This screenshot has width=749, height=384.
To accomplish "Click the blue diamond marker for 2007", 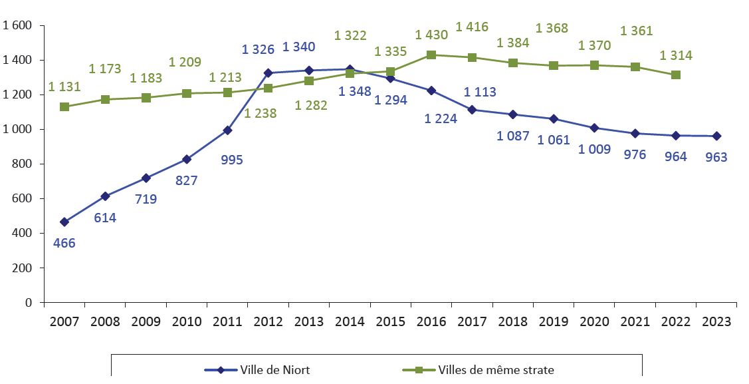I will click(x=64, y=222).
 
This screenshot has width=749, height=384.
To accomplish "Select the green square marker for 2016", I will click(x=431, y=55).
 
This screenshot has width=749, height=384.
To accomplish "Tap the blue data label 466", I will click(x=64, y=243).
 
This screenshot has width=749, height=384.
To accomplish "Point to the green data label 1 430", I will click(x=431, y=34).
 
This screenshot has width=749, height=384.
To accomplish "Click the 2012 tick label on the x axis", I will click(x=268, y=322).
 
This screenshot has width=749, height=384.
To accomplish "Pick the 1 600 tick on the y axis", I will click(x=18, y=26).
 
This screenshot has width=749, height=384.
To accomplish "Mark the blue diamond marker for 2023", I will click(x=716, y=136).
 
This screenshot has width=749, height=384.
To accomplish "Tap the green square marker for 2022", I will click(x=676, y=75).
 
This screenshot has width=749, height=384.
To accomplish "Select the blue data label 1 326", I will click(x=258, y=49).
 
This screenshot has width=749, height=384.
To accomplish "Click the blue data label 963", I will click(x=716, y=158).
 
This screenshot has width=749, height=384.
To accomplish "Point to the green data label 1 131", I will click(x=65, y=87).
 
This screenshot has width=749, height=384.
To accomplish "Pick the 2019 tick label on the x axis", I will click(x=553, y=322).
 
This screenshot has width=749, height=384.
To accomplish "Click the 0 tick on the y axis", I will click(x=29, y=303).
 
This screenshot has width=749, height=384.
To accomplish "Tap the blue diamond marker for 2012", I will click(x=268, y=73).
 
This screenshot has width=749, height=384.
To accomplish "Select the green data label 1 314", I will click(x=676, y=56).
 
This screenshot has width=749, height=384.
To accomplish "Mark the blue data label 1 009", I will click(x=594, y=149).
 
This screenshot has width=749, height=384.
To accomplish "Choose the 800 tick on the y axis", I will click(x=22, y=164).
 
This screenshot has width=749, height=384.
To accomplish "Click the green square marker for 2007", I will click(x=64, y=106).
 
